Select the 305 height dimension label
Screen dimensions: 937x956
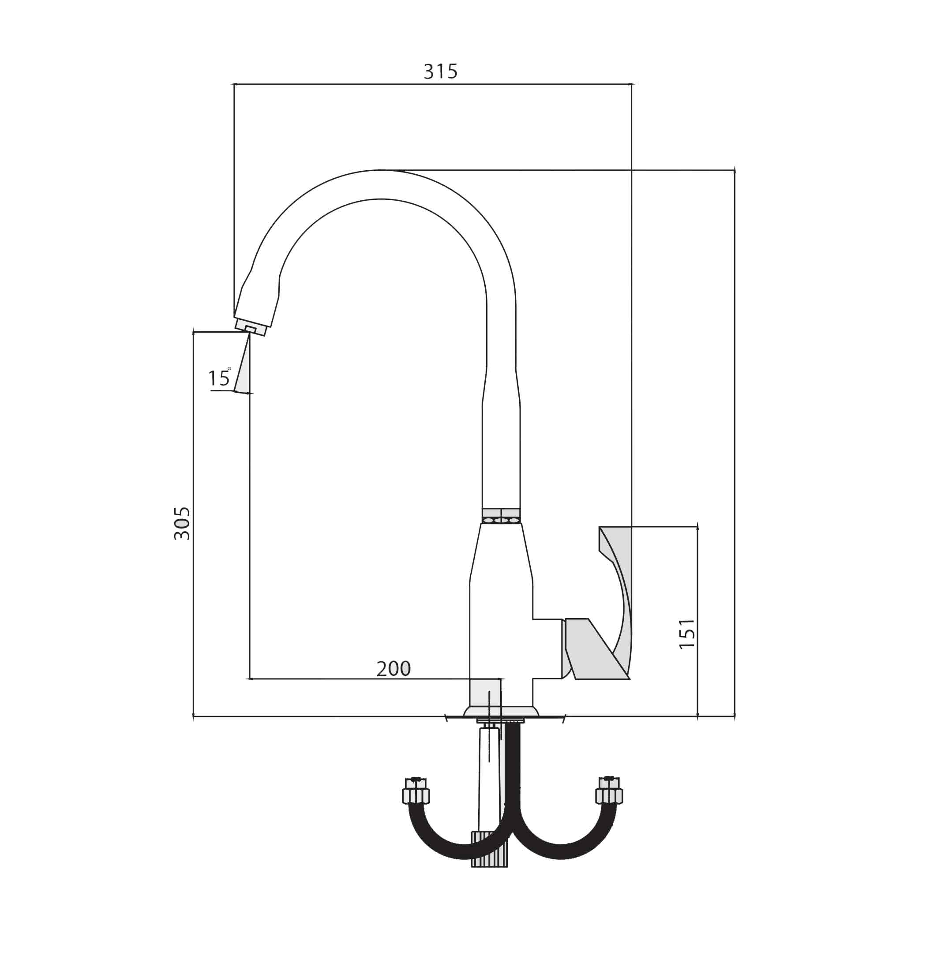[x=182, y=524]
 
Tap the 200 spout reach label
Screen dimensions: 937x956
[x=393, y=669]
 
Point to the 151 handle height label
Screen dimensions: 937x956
[x=687, y=634]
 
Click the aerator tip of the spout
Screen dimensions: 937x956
[x=251, y=327]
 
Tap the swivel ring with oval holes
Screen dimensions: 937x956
[x=501, y=516]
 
